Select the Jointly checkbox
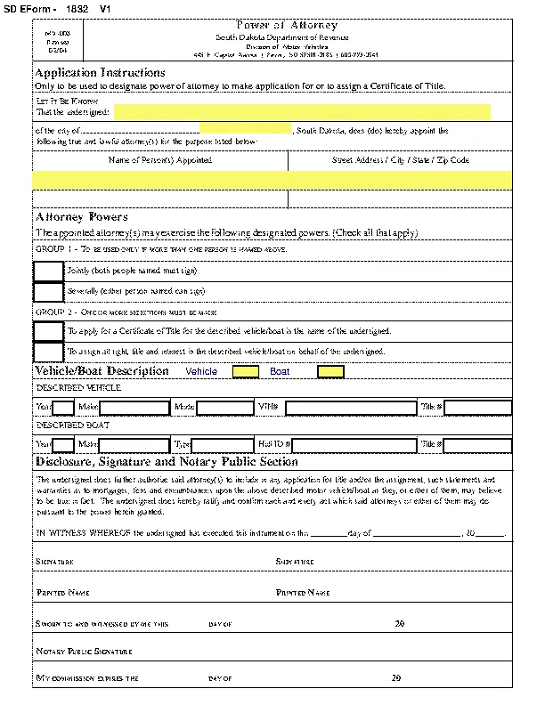[48, 270]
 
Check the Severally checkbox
[48, 291]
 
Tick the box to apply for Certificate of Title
[48, 330]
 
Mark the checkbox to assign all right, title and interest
[48, 352]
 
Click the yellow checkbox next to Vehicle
[246, 371]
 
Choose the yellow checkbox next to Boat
[330, 371]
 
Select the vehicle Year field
[63, 408]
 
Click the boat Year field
[63, 444]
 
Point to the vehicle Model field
[224, 408]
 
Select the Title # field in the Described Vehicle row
[477, 408]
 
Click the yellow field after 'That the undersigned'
[302, 111]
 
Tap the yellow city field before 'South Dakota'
[246, 130]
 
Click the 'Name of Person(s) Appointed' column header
[160, 160]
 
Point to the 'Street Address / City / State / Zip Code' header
[400, 160]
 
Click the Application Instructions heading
[100, 72]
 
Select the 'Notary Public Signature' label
[84, 652]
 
